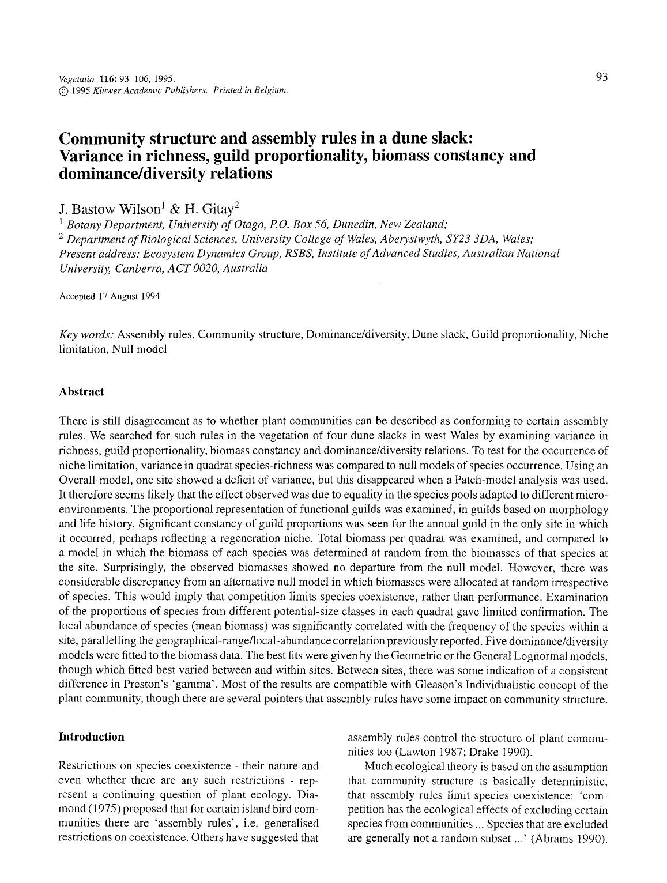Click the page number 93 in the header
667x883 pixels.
pos(602,77)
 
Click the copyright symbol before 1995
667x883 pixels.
pos(63,90)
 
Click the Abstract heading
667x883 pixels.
pos(81,392)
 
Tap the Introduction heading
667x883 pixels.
pos(91,737)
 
